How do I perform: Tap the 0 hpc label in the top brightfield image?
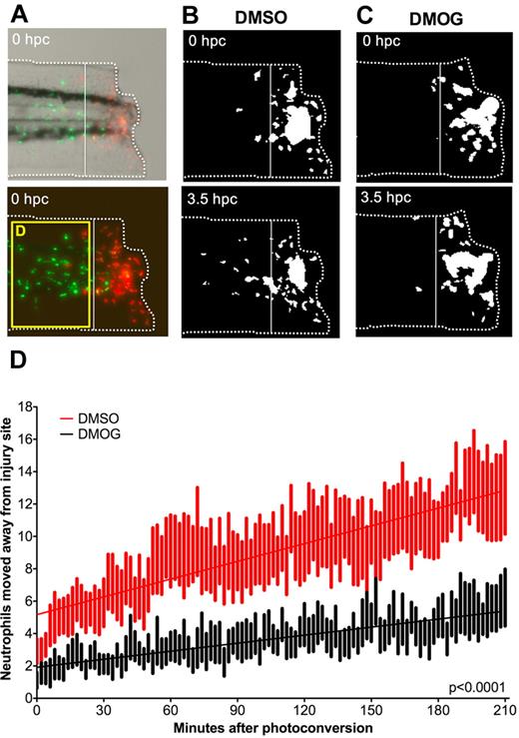pos(34,42)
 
